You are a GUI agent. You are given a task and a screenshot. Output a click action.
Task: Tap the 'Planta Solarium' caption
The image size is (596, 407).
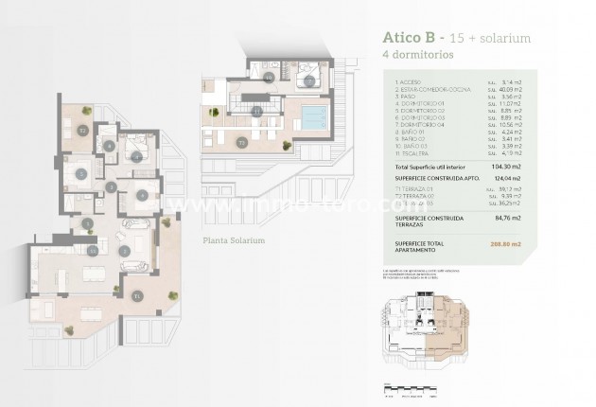click(234, 240)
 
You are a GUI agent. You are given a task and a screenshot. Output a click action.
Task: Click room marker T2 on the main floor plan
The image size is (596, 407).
click(84, 130)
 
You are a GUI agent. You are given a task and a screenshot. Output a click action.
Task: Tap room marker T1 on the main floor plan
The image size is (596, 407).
click(137, 295)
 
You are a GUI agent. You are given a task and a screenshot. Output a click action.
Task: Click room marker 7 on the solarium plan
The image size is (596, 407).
click(310, 80)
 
